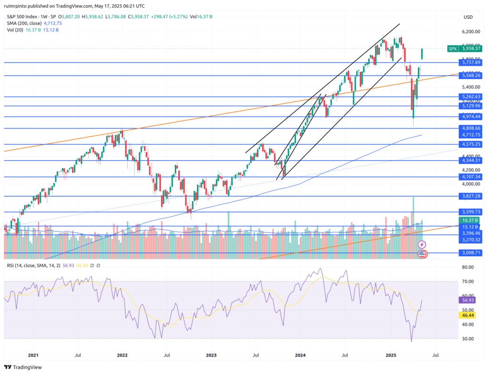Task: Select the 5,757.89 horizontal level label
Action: [x=470, y=62]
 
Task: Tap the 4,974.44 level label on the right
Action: [x=470, y=117]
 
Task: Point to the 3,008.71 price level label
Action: [x=470, y=253]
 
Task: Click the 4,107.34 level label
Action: [x=470, y=177]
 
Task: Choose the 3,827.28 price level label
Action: [x=470, y=196]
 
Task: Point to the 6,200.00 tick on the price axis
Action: [x=470, y=32]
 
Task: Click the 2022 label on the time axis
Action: [x=122, y=355]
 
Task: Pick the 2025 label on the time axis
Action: [x=391, y=355]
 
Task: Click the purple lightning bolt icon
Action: [x=422, y=244]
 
